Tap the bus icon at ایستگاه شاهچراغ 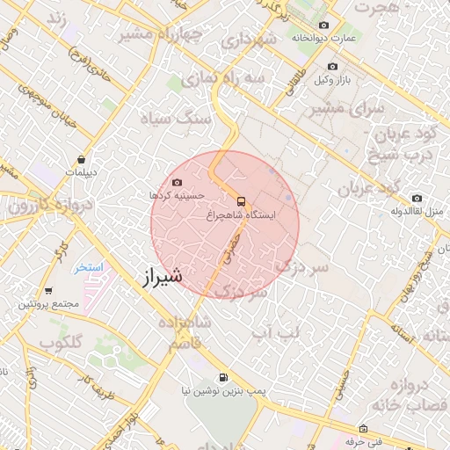pos(241,199)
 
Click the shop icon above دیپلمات pos(82,160)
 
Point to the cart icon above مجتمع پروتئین pos(47,291)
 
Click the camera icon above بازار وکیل pos(332,67)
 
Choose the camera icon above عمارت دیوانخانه pos(324,25)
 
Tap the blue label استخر pos(89,266)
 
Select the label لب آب pos(275,331)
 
